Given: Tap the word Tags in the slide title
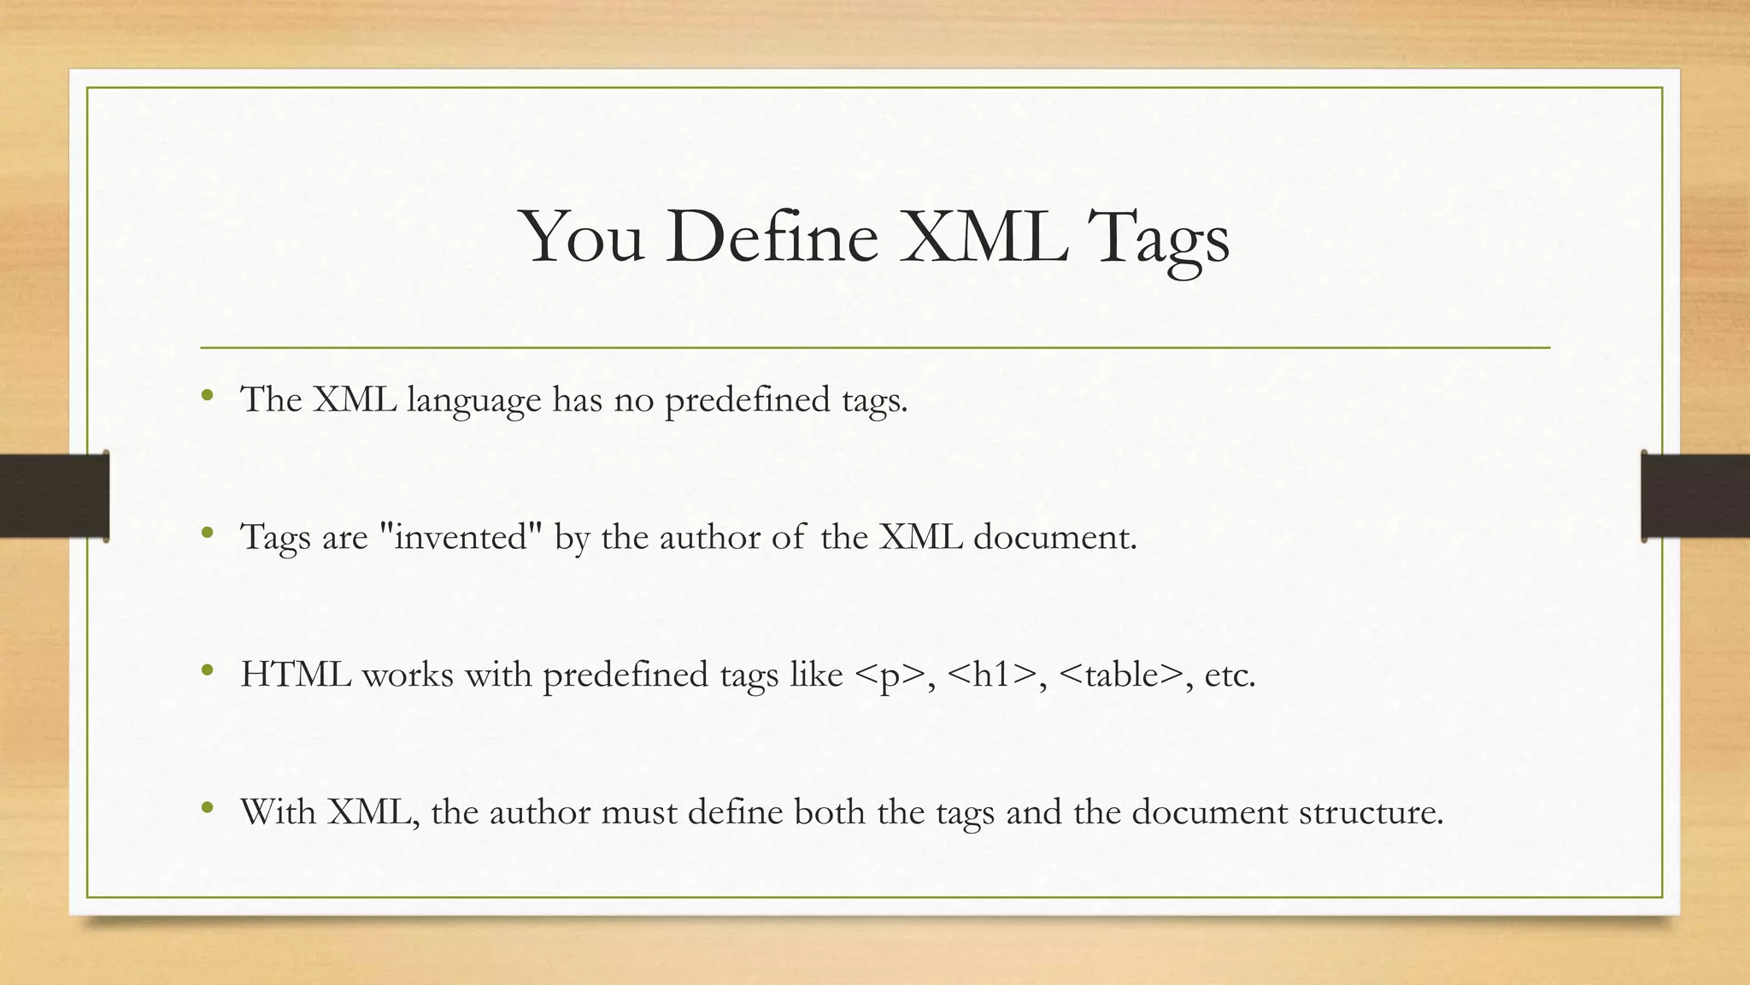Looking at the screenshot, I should point(1162,239).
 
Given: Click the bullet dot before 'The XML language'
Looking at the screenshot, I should point(207,396).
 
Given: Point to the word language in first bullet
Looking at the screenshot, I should point(473,401).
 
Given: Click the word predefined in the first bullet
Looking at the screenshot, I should point(747,400).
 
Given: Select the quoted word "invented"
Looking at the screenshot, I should point(461,537).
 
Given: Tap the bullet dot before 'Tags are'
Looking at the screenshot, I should point(207,534).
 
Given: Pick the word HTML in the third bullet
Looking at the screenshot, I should point(296,675).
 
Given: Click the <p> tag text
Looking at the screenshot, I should point(890,675).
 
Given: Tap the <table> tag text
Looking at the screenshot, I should point(1121,675).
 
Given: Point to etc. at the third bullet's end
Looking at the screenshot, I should point(1230,675).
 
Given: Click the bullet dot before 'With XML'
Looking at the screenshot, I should point(207,808).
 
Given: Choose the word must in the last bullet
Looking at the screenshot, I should point(638,811).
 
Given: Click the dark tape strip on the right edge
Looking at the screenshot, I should point(1695,495).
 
